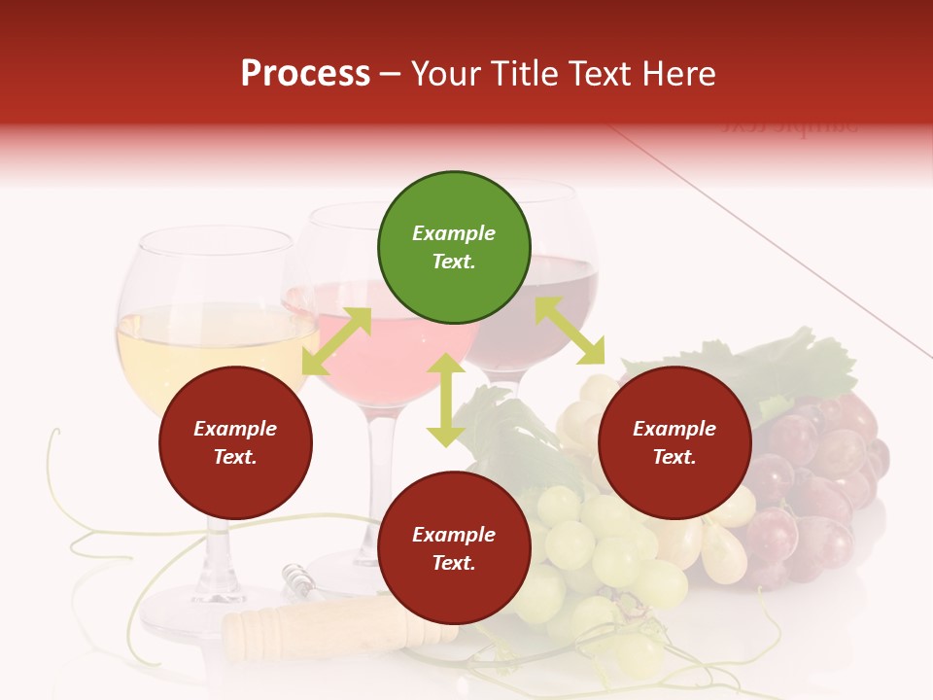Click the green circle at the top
point(454,247)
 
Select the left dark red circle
point(235,442)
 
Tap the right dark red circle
point(674,442)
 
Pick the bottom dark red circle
point(454,548)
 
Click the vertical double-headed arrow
point(446,401)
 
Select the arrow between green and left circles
point(336,341)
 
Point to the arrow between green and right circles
point(570,331)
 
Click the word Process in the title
point(305,74)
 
